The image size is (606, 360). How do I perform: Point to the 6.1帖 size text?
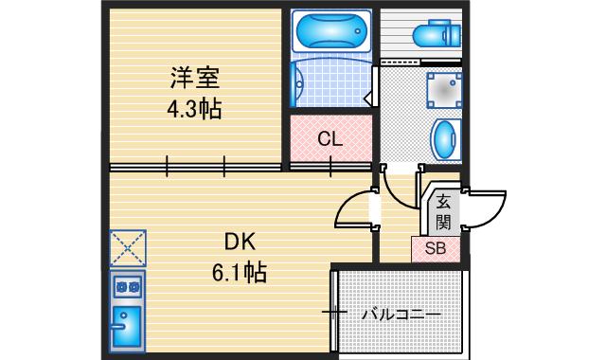pyautogui.click(x=239, y=273)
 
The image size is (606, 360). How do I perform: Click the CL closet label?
pyautogui.click(x=330, y=138)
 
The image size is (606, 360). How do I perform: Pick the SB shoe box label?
pyautogui.click(x=436, y=249)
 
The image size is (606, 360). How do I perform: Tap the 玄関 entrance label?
pyautogui.click(x=443, y=210)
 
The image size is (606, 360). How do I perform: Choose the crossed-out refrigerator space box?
pyautogui.click(x=128, y=247)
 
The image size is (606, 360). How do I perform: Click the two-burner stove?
pyautogui.click(x=127, y=284)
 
